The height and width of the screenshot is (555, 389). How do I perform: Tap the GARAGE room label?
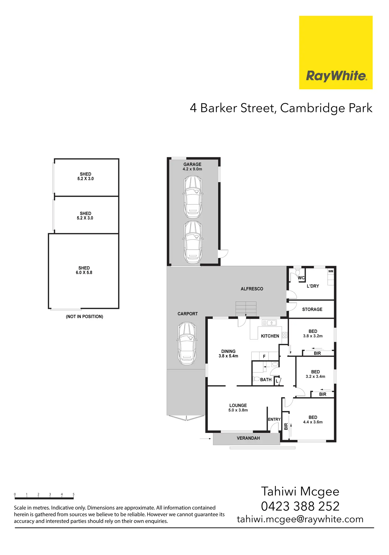click(192, 164)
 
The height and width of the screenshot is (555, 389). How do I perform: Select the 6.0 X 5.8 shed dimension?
click(84, 273)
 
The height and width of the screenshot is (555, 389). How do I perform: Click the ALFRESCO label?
click(252, 289)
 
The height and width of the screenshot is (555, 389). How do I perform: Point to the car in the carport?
click(187, 343)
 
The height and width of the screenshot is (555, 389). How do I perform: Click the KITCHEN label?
click(270, 336)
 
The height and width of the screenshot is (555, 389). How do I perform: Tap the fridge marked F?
click(264, 356)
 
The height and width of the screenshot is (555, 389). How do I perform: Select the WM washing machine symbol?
click(331, 271)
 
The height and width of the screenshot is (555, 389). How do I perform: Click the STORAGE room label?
click(312, 309)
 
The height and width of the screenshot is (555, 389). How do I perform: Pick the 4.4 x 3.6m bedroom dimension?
click(313, 422)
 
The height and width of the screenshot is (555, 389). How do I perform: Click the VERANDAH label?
click(248, 438)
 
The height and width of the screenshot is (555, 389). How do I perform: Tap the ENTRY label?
click(274, 419)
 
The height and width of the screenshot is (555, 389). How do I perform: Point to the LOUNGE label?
click(238, 405)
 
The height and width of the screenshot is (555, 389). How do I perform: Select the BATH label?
click(266, 380)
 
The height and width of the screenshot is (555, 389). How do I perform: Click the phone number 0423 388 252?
click(300, 506)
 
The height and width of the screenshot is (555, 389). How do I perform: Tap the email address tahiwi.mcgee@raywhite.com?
click(300, 519)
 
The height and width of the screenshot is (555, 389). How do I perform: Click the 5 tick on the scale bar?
click(73, 494)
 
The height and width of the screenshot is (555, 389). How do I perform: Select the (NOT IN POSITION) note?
click(85, 316)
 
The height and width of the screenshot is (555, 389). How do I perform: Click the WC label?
click(301, 278)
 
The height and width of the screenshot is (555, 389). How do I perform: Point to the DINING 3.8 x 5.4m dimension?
click(228, 356)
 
